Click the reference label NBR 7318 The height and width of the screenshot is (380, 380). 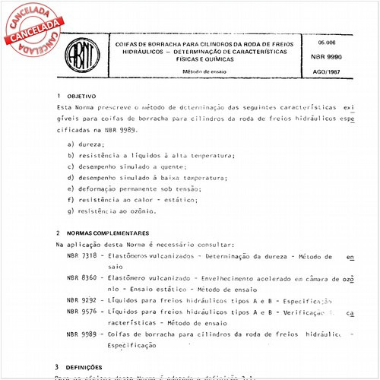(x=82, y=257)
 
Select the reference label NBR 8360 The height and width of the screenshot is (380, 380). (x=82, y=279)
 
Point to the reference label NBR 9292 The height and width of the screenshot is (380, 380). (x=82, y=300)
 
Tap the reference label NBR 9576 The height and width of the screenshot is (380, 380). (x=82, y=312)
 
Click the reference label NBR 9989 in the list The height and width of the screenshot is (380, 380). (x=82, y=334)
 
